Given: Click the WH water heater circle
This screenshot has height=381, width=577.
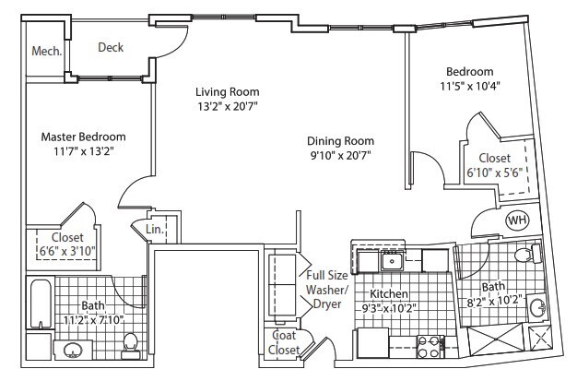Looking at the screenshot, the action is [x=518, y=220].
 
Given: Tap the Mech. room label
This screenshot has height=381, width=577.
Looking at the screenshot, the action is [x=46, y=51].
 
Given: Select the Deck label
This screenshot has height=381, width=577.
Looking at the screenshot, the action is [x=111, y=47].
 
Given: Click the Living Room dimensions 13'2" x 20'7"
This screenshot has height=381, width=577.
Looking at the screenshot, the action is [x=228, y=106].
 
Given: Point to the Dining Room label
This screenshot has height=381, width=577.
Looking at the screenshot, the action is [x=340, y=141].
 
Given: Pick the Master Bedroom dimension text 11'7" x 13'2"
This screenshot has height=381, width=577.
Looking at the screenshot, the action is [x=83, y=151].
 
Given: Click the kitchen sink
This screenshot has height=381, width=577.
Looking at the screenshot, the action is [x=393, y=261].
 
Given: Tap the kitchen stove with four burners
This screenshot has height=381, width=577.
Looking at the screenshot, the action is [x=430, y=347].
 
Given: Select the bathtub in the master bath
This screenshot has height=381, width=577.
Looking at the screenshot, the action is [x=41, y=304].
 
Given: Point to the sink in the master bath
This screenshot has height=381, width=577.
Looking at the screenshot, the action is [x=73, y=350].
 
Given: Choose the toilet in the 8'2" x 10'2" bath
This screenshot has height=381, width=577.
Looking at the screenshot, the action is [x=528, y=254].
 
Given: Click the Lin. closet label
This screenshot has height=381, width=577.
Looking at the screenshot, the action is [x=155, y=229].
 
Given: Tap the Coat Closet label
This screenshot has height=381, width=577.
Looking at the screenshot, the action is [x=284, y=342].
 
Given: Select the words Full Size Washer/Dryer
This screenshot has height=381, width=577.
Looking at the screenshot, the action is [x=327, y=290].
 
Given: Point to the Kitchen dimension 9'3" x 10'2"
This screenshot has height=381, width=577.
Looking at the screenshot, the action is [x=389, y=308].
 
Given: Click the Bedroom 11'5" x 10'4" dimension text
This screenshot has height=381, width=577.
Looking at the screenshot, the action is [x=470, y=86].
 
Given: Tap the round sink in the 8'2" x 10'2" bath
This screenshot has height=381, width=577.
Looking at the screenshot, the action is [x=538, y=306].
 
